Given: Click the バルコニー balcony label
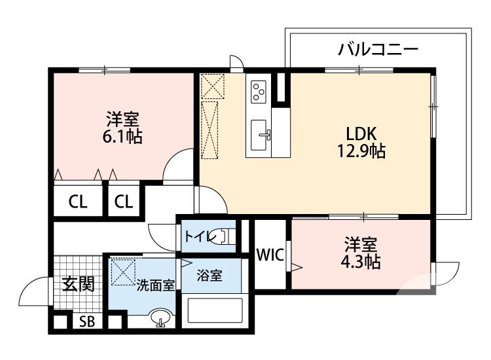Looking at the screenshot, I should click(378, 48).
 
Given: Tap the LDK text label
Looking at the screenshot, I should click(361, 133).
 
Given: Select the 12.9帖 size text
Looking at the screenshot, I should click(361, 152).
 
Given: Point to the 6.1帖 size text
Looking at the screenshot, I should click(122, 137).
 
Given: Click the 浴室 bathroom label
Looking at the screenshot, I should click(210, 276).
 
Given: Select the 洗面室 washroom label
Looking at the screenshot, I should click(155, 285).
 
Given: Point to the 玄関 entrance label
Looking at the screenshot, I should click(79, 284).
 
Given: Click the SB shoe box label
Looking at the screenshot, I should click(86, 321).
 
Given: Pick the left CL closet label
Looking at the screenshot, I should click(78, 202).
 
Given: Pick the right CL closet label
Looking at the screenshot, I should click(123, 202).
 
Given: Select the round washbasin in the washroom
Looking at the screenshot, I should click(160, 319).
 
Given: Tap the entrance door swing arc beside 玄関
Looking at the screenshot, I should click(36, 291).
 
